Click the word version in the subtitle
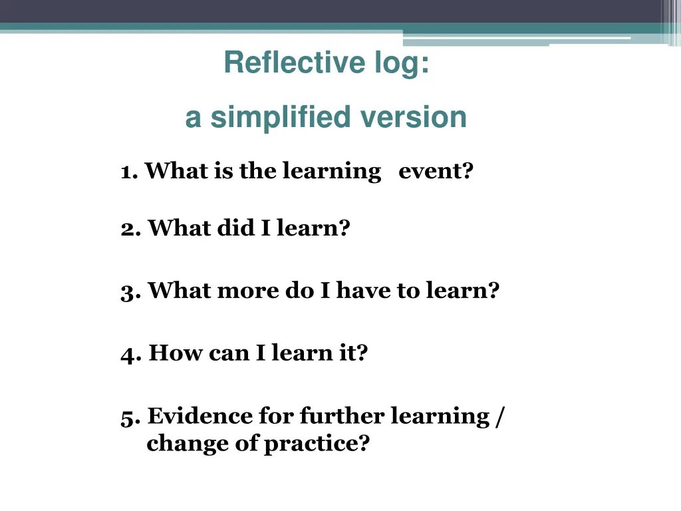coord(414,118)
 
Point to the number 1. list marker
coord(129,172)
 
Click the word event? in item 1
coord(436,172)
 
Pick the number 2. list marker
coord(130,229)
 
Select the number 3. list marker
coord(130,291)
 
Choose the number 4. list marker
coord(130,353)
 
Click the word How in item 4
coord(176,353)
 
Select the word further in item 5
coord(342,416)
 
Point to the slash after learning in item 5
coord(499,417)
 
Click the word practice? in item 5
coord(317,444)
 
